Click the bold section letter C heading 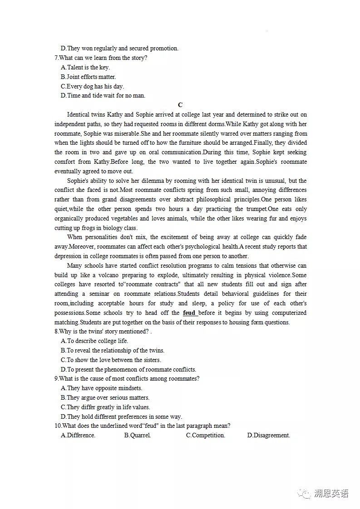tap(180, 105)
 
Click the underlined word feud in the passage tap(189, 313)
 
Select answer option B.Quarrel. tap(137, 436)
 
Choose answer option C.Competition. tap(205, 436)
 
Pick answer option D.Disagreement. tap(268, 436)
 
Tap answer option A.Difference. tap(78, 436)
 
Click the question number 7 tap(56, 58)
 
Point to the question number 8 tap(56, 332)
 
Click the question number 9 tap(56, 379)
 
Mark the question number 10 tap(58, 426)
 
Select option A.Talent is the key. tap(85, 68)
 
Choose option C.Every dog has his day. tap(92, 86)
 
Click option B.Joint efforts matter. tap(88, 77)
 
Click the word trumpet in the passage tap(256, 209)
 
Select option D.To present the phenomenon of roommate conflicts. tap(128, 370)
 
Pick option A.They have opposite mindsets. tap(101, 388)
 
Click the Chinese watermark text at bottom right tap(331, 494)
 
